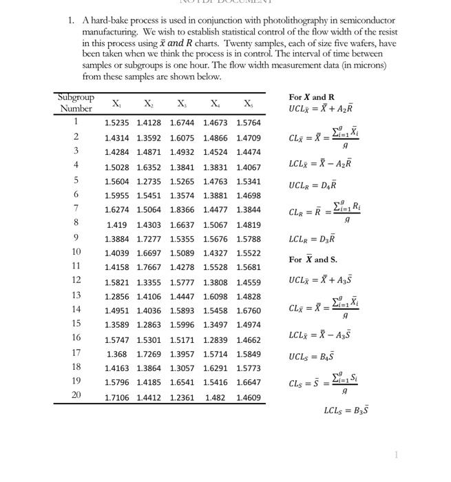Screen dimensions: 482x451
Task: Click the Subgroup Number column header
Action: (x=76, y=103)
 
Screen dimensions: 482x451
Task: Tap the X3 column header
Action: (x=181, y=103)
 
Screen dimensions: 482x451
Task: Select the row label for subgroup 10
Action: (x=76, y=252)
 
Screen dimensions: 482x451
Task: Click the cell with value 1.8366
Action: (x=182, y=209)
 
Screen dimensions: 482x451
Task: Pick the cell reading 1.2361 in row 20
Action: (x=182, y=397)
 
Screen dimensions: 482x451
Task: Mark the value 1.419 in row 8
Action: (x=116, y=224)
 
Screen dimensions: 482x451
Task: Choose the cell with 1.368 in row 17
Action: (x=116, y=354)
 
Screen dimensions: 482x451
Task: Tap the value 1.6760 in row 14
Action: (x=248, y=311)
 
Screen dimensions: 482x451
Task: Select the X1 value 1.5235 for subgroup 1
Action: (x=117, y=123)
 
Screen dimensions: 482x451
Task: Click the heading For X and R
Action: (x=311, y=97)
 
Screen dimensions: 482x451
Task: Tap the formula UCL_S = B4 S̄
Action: (x=313, y=357)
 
